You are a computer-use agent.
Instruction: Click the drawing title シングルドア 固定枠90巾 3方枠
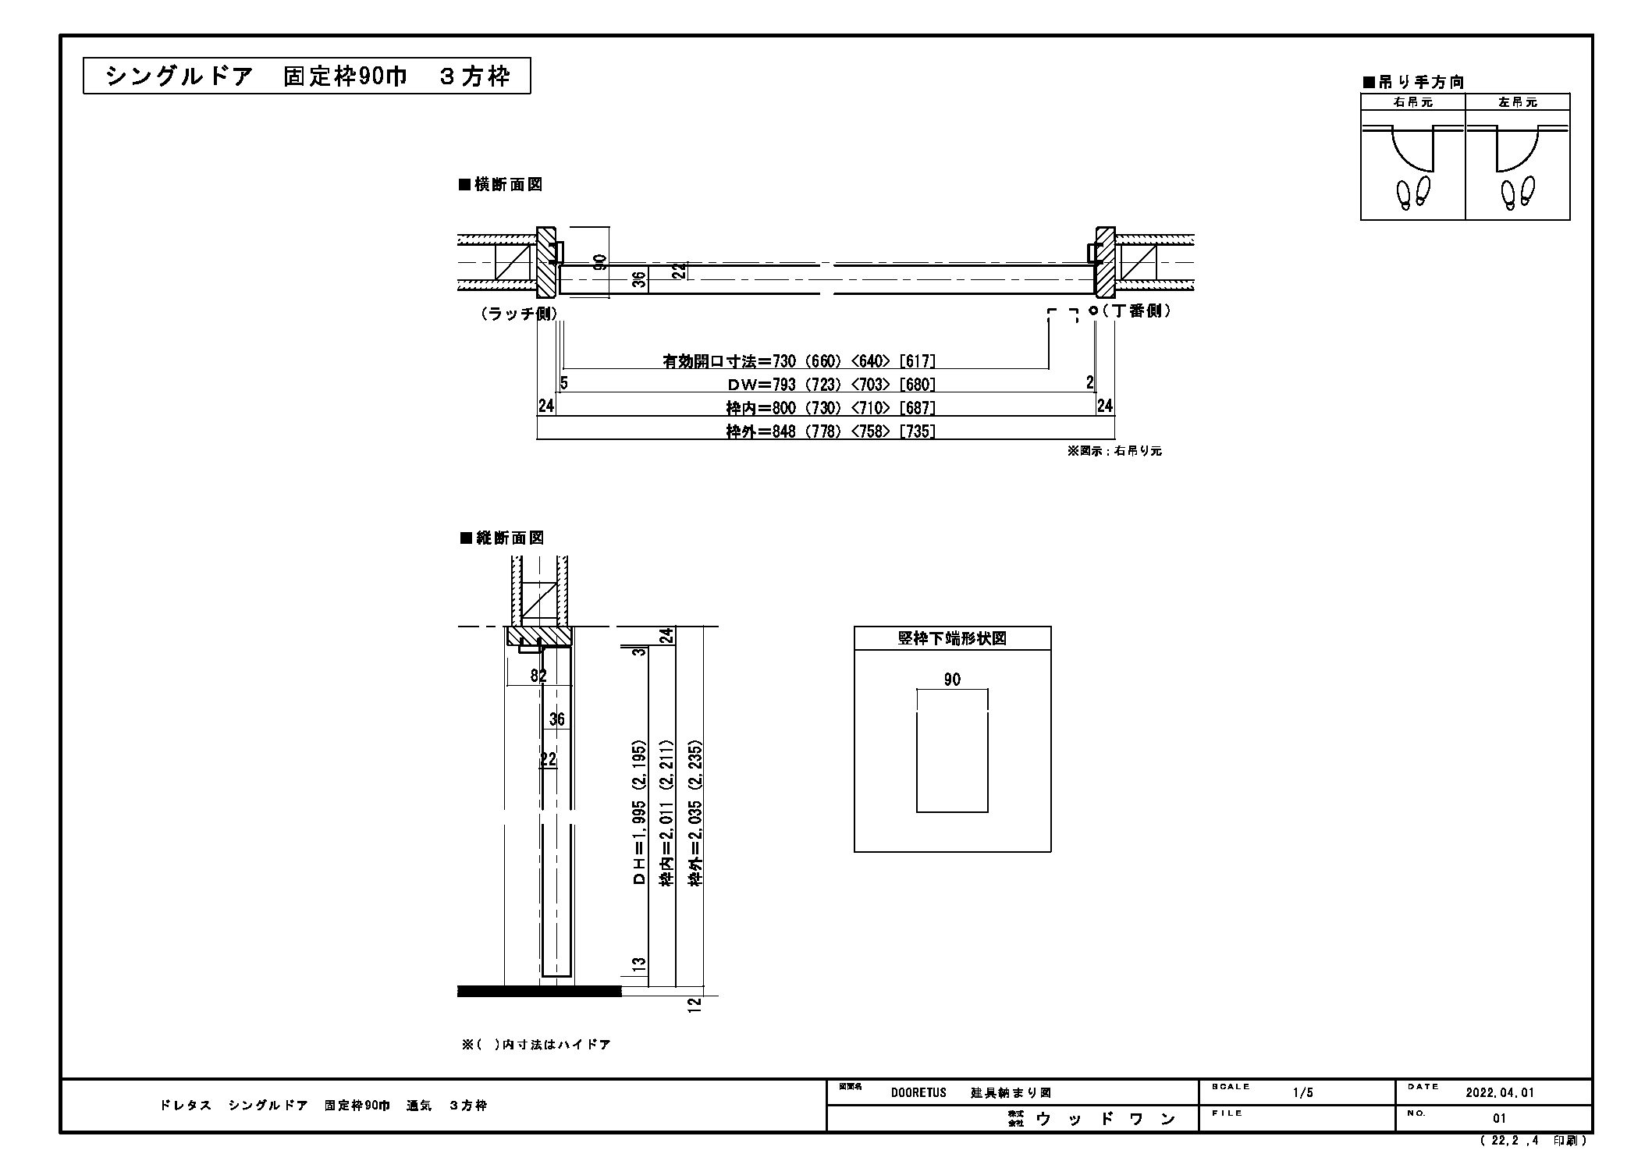pos(307,76)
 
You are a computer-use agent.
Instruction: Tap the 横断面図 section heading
pos(501,185)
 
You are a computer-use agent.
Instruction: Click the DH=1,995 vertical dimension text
pos(640,843)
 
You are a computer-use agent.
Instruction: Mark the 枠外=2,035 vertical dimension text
pos(695,843)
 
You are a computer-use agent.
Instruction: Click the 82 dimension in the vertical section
pos(538,676)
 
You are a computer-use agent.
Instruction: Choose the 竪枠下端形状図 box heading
pos(952,638)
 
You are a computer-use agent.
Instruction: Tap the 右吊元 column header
pos(1413,102)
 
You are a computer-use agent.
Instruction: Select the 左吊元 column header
pos(1518,102)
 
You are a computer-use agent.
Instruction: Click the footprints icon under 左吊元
pos(1519,193)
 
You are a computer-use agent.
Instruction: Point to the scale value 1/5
pos(1303,1093)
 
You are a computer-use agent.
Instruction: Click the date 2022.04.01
pos(1500,1093)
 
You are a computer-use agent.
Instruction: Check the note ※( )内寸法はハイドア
pos(536,1045)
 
